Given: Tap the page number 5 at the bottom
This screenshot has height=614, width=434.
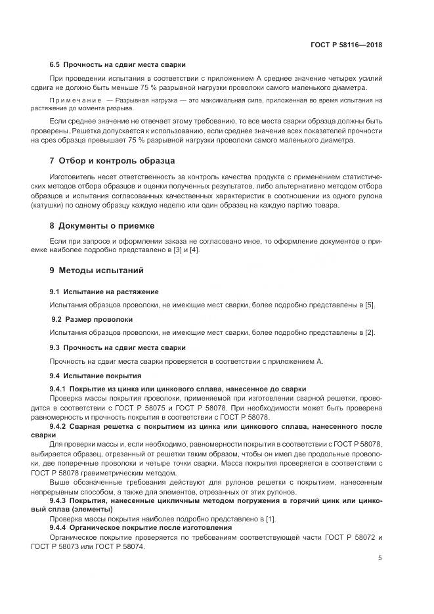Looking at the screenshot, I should pyautogui.click(x=380, y=558).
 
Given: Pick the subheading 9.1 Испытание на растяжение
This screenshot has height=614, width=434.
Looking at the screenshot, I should pyautogui.click(x=104, y=291).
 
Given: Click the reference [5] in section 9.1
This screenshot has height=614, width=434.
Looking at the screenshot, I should pyautogui.click(x=370, y=305).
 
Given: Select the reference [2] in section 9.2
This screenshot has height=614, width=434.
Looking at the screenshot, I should pyautogui.click(x=370, y=333).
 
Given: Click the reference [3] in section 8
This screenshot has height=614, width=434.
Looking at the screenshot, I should pyautogui.click(x=173, y=250).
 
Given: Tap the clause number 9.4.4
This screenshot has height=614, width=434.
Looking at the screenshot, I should pyautogui.click(x=60, y=528).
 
